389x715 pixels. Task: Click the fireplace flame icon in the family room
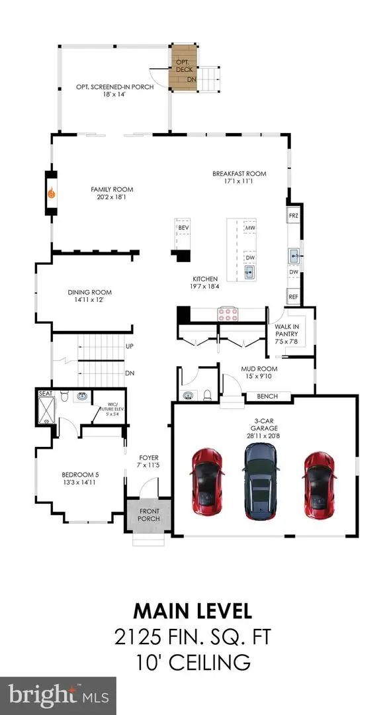click(x=51, y=194)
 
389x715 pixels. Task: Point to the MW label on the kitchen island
click(x=250, y=228)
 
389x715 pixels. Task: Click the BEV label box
click(x=183, y=227)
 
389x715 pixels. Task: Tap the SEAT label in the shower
click(x=44, y=393)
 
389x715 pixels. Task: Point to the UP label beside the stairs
click(x=130, y=346)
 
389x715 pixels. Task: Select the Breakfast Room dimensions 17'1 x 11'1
click(x=239, y=183)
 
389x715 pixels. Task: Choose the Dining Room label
click(x=89, y=292)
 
